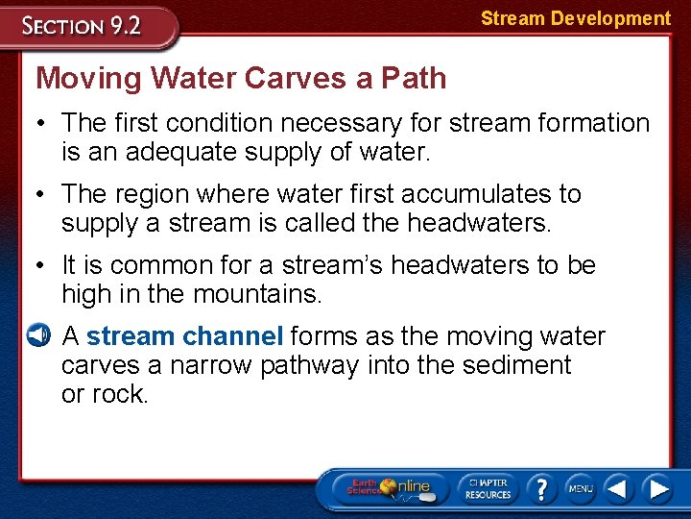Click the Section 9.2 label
pos(83,25)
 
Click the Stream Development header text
pos(575,18)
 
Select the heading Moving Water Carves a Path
pos(241,78)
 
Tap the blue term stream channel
pos(184,336)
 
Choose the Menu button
pos(581,488)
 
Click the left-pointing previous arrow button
pos(619,488)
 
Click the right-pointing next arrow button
pos(657,488)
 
